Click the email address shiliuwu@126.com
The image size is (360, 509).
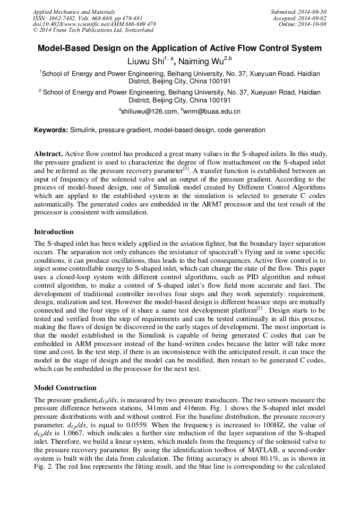[149, 111]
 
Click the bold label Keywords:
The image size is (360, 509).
[51, 130]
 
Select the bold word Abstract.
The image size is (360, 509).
[48, 153]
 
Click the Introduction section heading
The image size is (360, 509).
[54, 232]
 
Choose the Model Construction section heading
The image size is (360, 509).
[65, 388]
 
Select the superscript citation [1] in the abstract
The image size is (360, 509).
[186, 169]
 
